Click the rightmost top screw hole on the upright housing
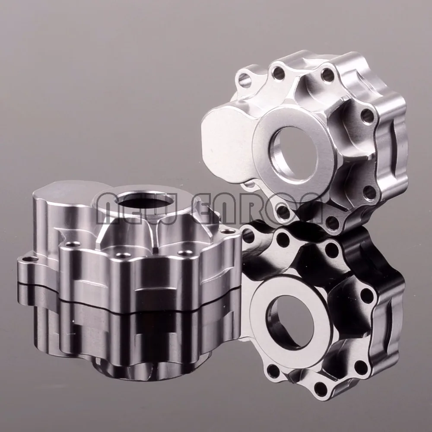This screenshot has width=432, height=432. pos(327,74)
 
